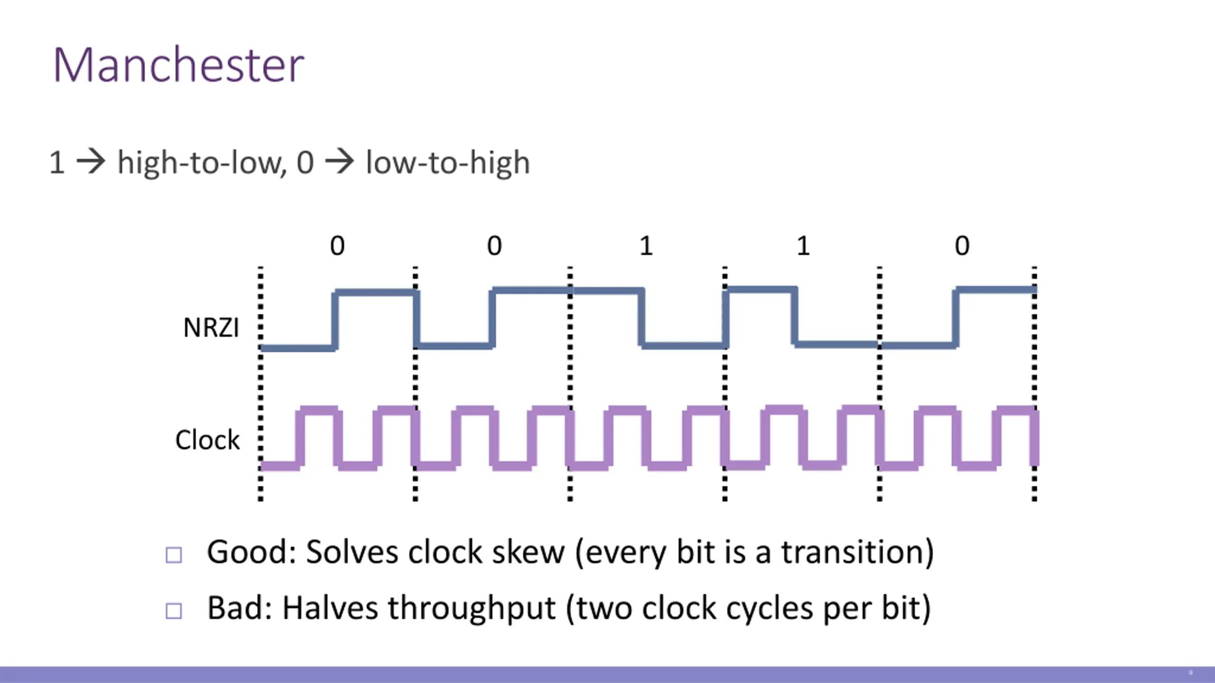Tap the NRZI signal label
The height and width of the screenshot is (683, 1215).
(x=211, y=328)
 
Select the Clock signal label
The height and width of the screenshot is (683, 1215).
(x=207, y=440)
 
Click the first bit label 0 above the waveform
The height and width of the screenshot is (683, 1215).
(x=337, y=246)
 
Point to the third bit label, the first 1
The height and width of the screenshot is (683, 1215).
(x=646, y=246)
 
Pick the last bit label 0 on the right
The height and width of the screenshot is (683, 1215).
(x=962, y=246)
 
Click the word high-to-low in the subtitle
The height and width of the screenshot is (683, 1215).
(x=202, y=163)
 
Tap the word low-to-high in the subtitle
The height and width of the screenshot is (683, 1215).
(x=448, y=163)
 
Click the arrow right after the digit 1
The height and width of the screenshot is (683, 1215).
(x=91, y=162)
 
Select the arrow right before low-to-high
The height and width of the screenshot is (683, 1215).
(x=339, y=162)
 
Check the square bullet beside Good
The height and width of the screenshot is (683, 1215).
(x=174, y=555)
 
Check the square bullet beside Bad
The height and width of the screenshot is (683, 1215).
(x=174, y=611)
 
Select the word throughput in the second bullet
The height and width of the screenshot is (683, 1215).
(x=472, y=609)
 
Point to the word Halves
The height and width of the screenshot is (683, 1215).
(x=330, y=608)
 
